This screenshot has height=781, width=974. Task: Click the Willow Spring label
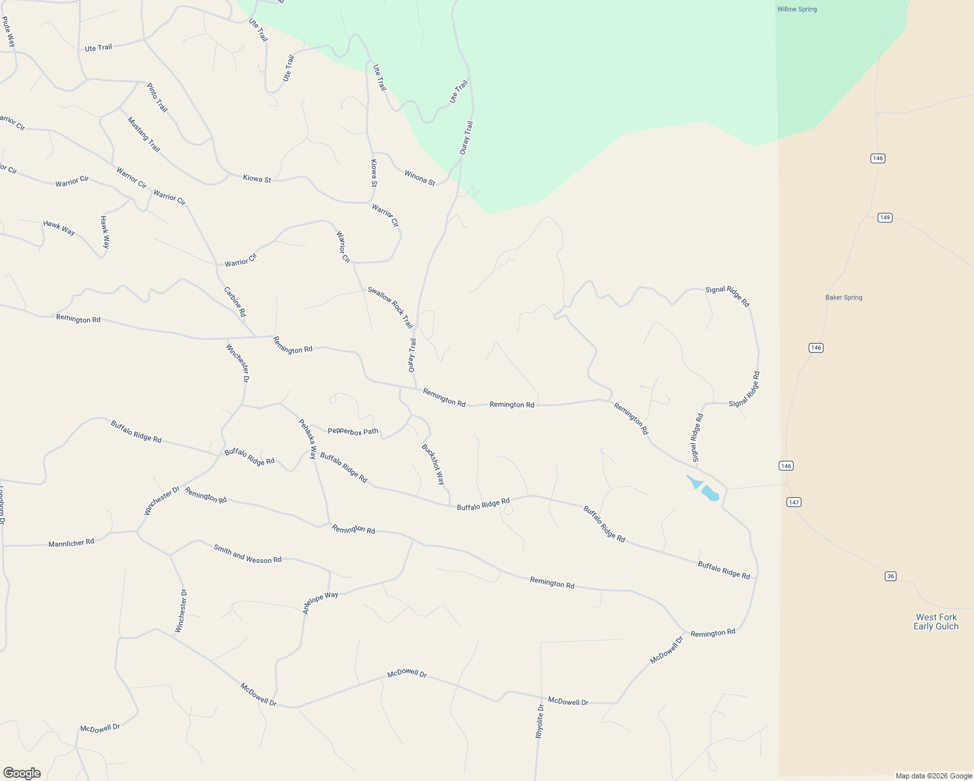(796, 9)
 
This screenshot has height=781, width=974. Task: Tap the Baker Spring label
(843, 297)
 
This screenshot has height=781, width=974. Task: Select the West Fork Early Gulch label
(936, 622)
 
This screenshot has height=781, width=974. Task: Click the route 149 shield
(884, 217)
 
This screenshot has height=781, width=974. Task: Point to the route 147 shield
(793, 502)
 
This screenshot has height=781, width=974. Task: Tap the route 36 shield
(891, 576)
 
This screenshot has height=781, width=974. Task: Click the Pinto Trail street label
(157, 98)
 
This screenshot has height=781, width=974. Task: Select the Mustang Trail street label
(143, 135)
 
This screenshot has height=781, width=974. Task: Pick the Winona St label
(419, 178)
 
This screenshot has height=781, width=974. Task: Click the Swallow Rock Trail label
(390, 307)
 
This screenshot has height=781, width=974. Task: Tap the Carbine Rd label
(235, 302)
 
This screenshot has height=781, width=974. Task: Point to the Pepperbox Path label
(352, 431)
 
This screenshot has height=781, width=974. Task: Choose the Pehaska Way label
(307, 439)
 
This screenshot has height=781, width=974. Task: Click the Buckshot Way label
(433, 464)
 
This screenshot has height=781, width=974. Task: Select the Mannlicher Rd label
(71, 542)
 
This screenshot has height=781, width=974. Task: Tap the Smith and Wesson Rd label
(247, 554)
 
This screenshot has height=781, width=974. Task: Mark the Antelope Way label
(320, 603)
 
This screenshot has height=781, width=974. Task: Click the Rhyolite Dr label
(539, 720)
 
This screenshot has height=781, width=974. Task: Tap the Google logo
(21, 773)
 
